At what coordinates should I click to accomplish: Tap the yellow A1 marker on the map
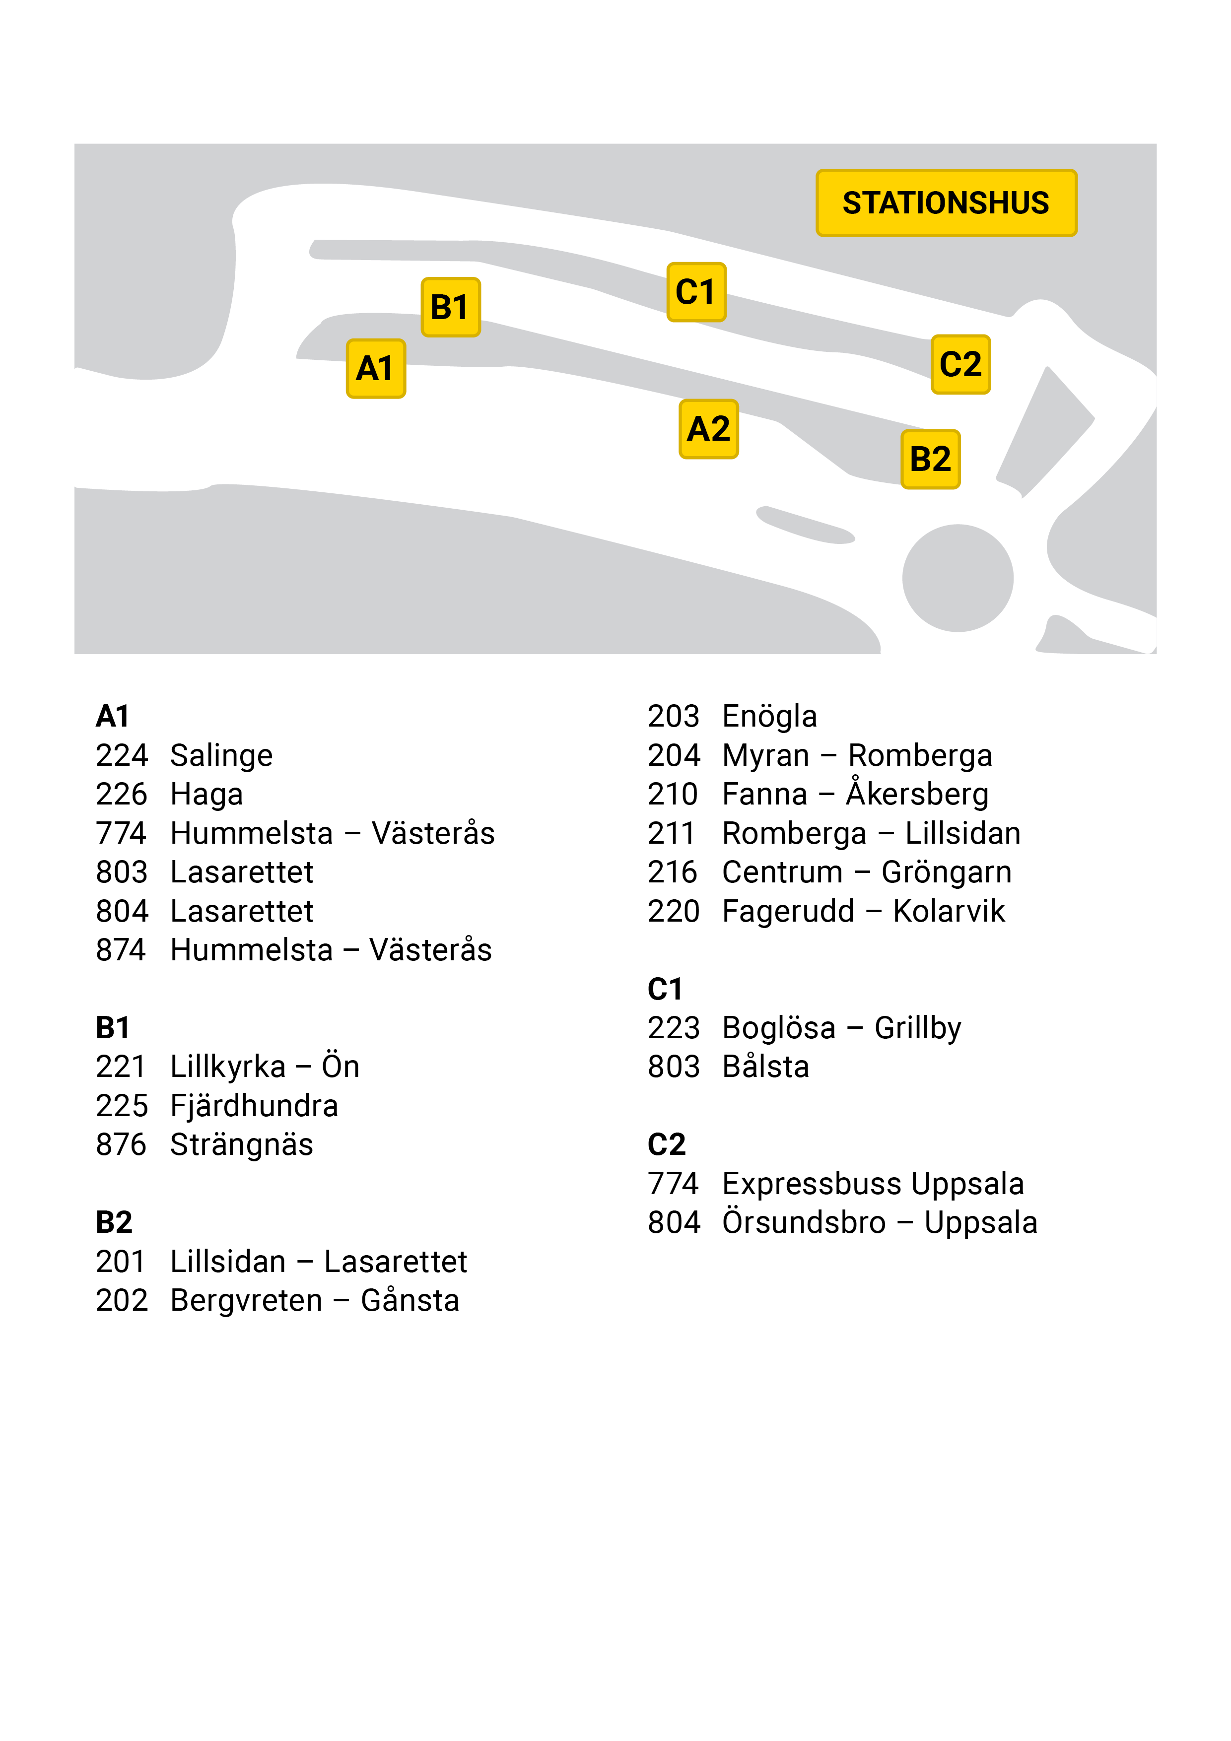[375, 369]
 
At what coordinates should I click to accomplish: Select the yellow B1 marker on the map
[451, 307]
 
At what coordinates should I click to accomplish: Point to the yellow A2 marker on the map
[708, 429]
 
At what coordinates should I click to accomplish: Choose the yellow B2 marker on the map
[931, 460]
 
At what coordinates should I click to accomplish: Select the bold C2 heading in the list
[667, 1145]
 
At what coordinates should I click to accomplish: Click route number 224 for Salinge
[121, 755]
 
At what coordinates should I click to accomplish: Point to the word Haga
[206, 795]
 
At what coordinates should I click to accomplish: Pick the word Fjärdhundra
[254, 1106]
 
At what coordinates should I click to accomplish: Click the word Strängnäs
[241, 1145]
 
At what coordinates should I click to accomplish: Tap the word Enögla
[769, 717]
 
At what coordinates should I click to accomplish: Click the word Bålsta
[765, 1067]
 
